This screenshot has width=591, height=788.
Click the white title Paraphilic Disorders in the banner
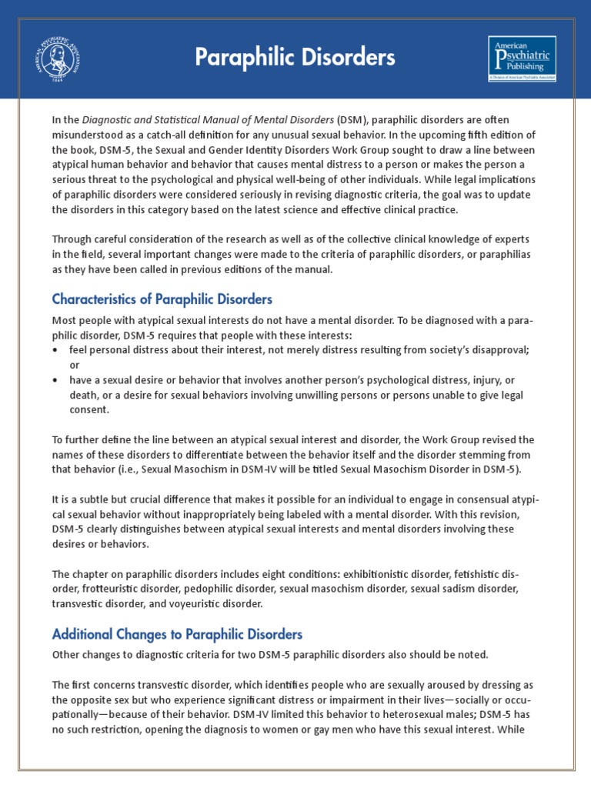click(x=295, y=57)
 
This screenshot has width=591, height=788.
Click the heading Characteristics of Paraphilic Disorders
click(x=162, y=299)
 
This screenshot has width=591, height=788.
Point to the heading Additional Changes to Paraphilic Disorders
click(x=177, y=635)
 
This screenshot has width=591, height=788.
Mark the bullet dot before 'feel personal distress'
click(x=55, y=350)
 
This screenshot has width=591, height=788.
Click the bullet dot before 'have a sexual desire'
click(x=55, y=380)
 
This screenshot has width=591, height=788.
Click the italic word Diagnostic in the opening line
click(x=109, y=121)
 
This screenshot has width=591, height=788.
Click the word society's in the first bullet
click(x=443, y=350)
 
